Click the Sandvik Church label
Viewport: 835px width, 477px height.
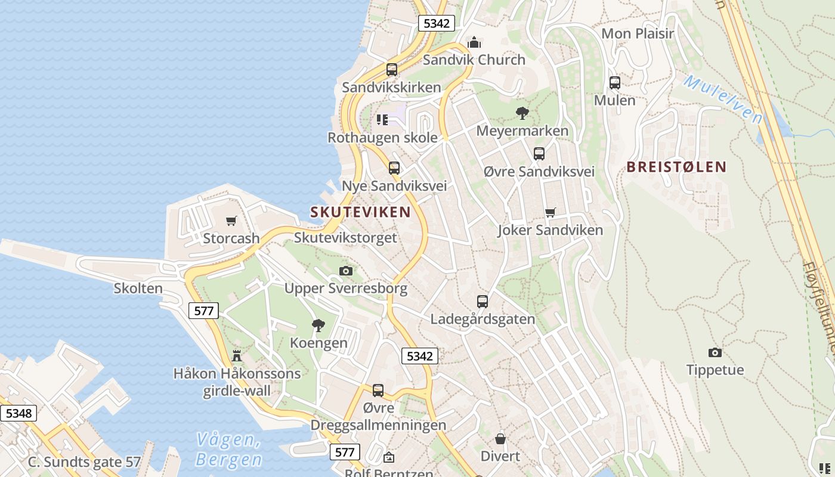474,60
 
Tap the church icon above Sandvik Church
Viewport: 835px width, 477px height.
474,42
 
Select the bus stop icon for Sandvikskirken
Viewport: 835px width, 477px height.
391,70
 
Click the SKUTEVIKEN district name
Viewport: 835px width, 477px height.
360,212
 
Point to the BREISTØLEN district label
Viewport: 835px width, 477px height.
676,167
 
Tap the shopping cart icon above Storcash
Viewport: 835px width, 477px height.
231,221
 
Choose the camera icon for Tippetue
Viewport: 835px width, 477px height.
715,352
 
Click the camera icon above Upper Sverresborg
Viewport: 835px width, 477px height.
345,271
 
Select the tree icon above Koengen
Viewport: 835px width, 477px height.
318,325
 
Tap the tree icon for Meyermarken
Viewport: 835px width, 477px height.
522,113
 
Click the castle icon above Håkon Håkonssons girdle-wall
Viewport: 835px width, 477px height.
237,356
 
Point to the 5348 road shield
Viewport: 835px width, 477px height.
18,413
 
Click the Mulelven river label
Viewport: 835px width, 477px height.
722,98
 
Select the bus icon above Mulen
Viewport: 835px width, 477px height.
614,83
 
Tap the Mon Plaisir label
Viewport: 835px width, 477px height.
637,33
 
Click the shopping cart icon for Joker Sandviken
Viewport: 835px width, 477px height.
550,213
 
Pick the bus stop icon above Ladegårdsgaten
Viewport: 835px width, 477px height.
482,302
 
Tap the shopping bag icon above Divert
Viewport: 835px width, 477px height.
500,439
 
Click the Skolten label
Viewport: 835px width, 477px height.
138,289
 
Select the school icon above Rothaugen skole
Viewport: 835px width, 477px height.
382,120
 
